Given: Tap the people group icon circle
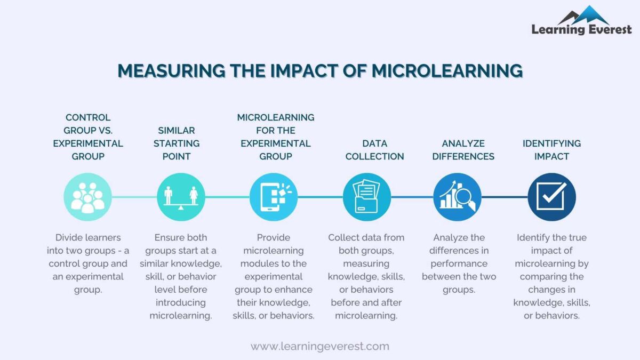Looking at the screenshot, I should click(87, 197).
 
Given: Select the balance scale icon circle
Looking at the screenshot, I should click(181, 197).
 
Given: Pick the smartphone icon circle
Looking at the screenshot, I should click(274, 197).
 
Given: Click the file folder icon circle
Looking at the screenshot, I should click(366, 197).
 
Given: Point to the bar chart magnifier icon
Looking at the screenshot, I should click(458, 197).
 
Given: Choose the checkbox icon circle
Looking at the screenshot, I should click(551, 197).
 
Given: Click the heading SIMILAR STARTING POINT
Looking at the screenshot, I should click(177, 143).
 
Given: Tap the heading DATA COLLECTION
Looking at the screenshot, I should click(374, 150).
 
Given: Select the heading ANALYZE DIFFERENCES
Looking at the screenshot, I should click(463, 150).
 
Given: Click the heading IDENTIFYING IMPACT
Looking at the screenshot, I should click(551, 150).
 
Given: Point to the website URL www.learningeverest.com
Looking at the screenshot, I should click(320, 346).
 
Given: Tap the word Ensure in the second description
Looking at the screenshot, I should click(169, 237).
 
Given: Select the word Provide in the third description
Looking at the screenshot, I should click(273, 237).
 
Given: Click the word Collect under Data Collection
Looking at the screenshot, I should click(344, 237).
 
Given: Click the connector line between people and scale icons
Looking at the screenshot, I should click(134, 197).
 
